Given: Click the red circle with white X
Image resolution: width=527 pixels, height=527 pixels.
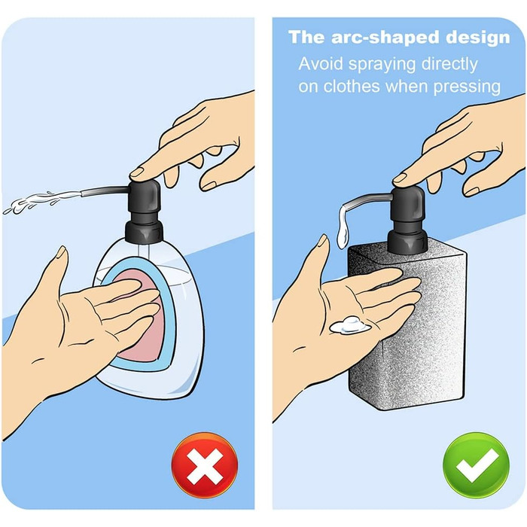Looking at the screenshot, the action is point(204,465).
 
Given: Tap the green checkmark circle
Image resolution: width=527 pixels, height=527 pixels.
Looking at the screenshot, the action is point(477,465).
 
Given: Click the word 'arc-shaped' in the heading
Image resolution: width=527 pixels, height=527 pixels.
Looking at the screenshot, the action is point(385,38).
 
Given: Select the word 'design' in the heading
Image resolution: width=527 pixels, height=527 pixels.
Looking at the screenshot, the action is point(478,37).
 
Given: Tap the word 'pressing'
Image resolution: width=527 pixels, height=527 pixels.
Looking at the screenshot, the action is point(467,87).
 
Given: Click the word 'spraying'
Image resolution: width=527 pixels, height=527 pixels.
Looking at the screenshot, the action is point(382,65).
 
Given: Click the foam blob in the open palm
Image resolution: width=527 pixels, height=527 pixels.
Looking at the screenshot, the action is point(349,325).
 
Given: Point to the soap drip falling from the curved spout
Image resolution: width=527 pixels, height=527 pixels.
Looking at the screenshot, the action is point(343,226).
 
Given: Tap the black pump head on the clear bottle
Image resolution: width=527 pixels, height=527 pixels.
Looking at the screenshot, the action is point(145,198).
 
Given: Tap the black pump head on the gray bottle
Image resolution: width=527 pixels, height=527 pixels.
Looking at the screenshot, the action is point(408,206).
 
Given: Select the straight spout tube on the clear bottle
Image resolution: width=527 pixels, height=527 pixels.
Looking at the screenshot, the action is point(105,191).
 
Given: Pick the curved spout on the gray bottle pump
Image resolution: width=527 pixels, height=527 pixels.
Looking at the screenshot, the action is point(367,201).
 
